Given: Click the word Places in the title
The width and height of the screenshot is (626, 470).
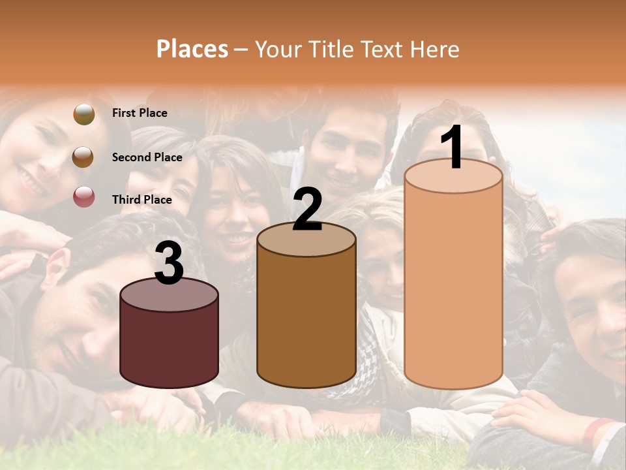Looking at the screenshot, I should [192, 49].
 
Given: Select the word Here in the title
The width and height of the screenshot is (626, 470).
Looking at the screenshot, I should [435, 49].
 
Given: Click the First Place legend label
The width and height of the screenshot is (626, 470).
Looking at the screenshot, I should [140, 113].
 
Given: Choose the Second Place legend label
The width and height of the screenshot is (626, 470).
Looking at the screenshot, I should [147, 157].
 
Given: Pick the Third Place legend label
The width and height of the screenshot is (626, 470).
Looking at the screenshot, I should [142, 200].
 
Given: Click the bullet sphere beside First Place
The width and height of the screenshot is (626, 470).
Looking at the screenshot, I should [84, 114].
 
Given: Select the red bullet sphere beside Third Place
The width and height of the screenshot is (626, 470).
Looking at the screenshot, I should [84, 197].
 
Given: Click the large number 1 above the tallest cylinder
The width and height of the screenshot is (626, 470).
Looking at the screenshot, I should [453, 148].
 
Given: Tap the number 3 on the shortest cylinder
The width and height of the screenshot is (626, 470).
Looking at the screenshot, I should [169, 264].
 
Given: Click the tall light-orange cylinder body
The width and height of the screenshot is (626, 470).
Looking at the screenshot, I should [453, 287].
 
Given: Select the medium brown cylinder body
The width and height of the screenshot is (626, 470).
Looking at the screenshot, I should [306, 320].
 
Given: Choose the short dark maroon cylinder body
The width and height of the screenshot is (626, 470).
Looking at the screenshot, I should [169, 346].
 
